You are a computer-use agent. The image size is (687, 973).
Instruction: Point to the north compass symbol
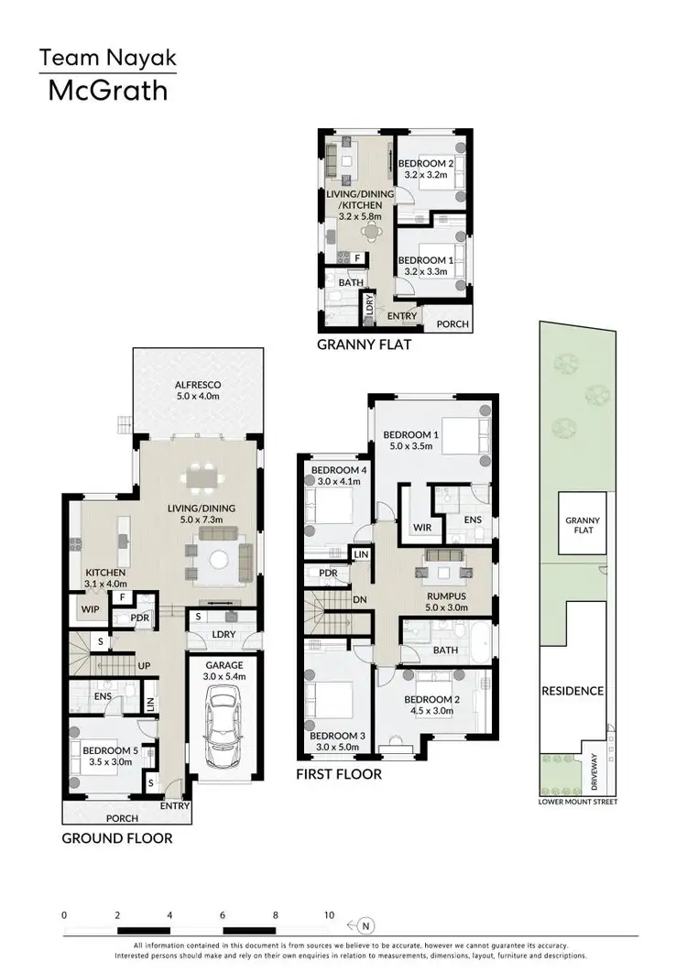click(366, 924)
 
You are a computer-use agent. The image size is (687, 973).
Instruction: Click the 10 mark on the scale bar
click(329, 914)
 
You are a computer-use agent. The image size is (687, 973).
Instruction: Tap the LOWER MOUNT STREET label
click(579, 802)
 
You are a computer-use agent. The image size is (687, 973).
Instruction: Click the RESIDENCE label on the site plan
click(572, 691)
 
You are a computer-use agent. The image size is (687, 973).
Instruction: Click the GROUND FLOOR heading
click(116, 837)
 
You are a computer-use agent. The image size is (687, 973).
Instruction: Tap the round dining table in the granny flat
click(368, 231)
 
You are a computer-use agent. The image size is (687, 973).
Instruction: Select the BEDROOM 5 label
click(109, 750)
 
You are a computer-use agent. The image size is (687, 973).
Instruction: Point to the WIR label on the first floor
click(422, 528)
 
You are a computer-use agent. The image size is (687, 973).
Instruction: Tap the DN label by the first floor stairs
click(359, 599)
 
